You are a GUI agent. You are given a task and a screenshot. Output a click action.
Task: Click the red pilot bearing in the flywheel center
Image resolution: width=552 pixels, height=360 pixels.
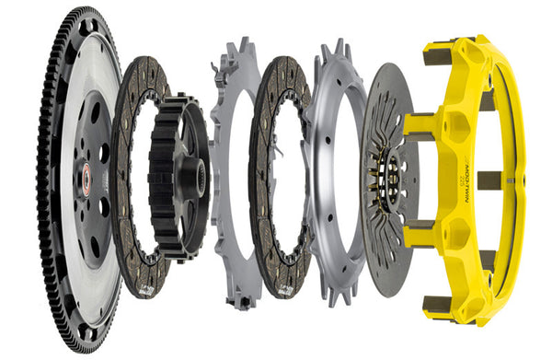point(86,178)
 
